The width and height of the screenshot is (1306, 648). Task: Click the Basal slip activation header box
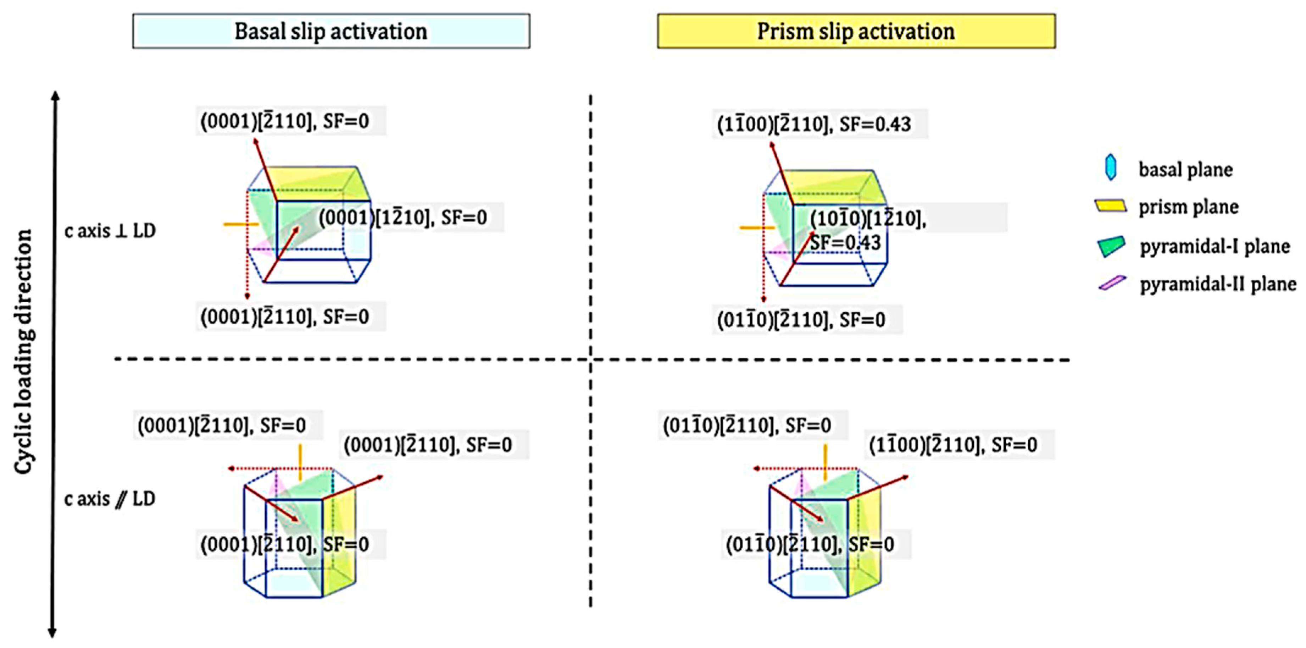pos(331,32)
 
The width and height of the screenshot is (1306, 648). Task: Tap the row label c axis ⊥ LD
pos(110,231)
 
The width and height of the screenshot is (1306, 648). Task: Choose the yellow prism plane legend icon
pos(1110,205)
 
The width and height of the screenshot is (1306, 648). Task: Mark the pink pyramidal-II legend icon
pos(1112,282)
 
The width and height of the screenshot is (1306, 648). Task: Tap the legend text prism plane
pos(1188,207)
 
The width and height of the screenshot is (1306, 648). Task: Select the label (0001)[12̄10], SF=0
pos(403,218)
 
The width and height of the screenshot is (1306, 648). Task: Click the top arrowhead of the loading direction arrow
pos(56,95)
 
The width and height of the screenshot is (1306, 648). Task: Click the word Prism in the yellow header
pos(783,32)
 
